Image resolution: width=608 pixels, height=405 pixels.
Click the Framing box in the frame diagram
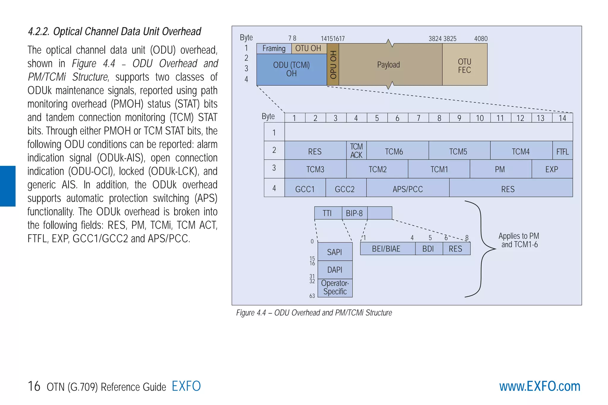coord(274,48)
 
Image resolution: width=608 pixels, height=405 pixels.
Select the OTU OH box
coord(309,48)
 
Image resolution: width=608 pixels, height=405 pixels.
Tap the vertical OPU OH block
coord(333,64)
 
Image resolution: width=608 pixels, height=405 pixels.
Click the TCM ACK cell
coord(356,151)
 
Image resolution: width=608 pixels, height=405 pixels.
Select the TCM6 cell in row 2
coord(394,151)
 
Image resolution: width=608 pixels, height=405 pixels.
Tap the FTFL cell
coord(562,151)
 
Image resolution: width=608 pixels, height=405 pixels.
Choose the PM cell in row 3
coord(500,169)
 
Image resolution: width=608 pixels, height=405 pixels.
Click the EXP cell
coord(552,169)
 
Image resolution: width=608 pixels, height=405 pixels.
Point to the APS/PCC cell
coord(408,189)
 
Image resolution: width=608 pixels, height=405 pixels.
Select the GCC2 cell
coord(345,189)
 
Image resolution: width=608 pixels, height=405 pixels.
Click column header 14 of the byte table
coord(562,118)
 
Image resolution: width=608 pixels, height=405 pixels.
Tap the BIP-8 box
coord(354,213)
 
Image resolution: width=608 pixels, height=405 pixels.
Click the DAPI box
coord(335,270)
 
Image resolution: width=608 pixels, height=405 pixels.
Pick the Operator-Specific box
coord(335,288)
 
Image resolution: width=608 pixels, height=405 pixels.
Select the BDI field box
coord(428,249)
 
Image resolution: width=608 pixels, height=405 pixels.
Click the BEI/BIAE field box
coord(387,249)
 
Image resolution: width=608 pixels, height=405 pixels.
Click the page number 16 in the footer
coord(34,386)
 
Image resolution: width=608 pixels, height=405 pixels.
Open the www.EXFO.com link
coord(539,386)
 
